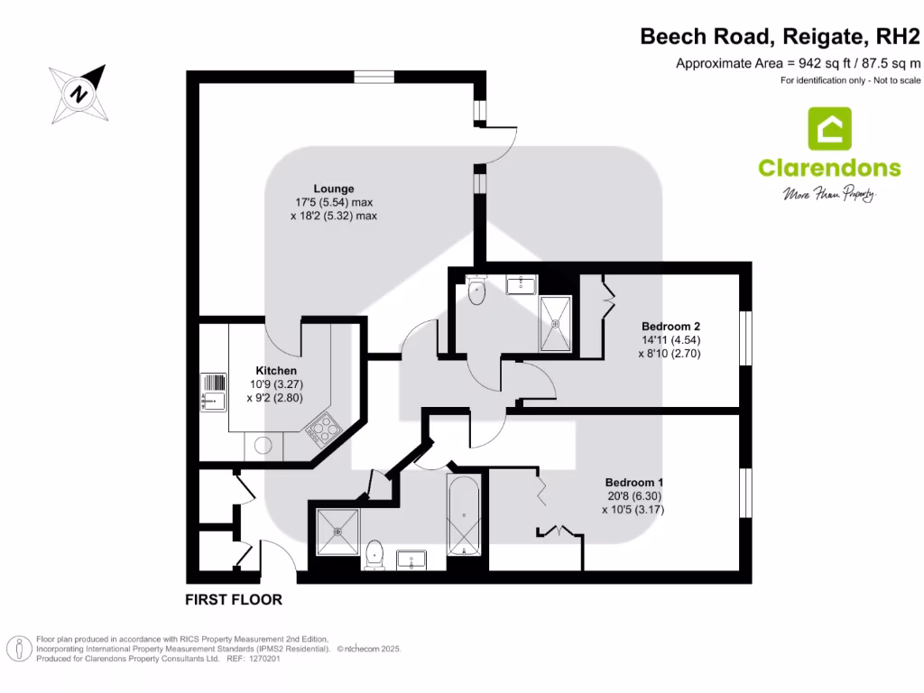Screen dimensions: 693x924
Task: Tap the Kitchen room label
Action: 275,371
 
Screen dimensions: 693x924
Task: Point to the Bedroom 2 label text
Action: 670,326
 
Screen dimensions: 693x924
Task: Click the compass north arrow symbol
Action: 80,93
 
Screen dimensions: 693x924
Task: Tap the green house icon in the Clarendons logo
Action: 829,129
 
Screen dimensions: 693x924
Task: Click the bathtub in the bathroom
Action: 465,514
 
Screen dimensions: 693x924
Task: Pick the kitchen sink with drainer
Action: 213,393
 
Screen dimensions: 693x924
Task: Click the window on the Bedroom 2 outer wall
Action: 745,339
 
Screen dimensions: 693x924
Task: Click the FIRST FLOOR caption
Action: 234,599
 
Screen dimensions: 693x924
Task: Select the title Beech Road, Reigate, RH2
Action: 781,36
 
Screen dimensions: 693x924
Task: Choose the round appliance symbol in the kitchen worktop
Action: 263,444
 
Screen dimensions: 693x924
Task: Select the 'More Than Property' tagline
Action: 828,194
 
